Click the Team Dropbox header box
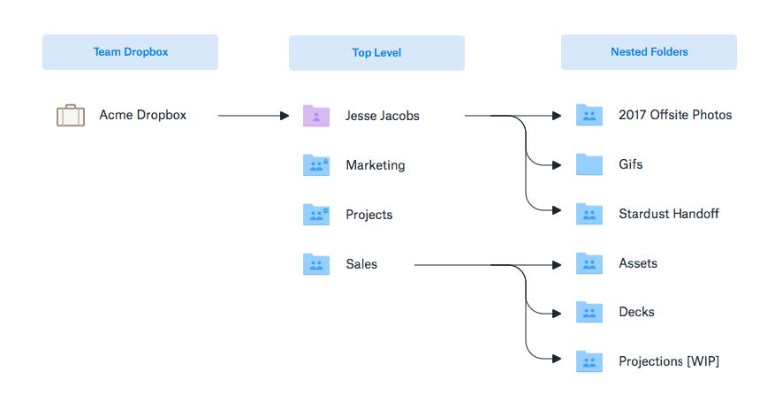[x=130, y=52]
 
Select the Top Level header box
[x=376, y=53]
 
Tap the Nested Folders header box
[x=649, y=52]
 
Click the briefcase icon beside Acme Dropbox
[x=71, y=115]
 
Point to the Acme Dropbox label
[x=143, y=115]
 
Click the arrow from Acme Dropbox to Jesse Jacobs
[x=254, y=116]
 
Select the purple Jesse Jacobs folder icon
[x=316, y=116]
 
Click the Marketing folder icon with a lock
[x=316, y=165]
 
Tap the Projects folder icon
[x=316, y=215]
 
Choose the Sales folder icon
[x=316, y=263]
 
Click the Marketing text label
[x=376, y=165]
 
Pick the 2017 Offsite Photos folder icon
[x=589, y=115]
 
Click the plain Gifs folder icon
[x=589, y=164]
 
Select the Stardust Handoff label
[x=669, y=213]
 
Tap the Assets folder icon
[x=589, y=263]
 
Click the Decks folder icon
[x=589, y=312]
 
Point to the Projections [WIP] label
[x=669, y=361]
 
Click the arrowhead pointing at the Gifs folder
[x=557, y=165]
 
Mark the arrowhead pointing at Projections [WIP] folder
[x=557, y=359]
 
